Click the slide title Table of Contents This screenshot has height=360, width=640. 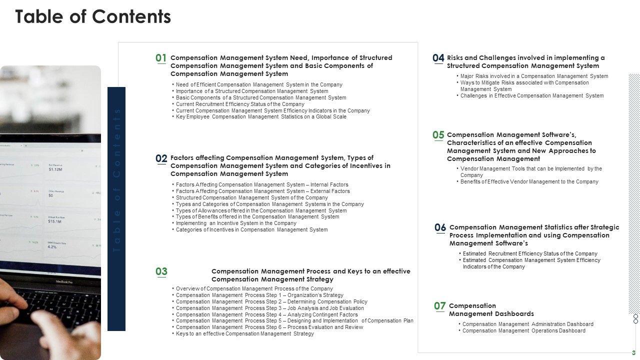pos(93,16)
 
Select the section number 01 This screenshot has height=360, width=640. pos(161,58)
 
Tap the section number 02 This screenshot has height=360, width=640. pos(161,158)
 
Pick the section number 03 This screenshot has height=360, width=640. pos(161,271)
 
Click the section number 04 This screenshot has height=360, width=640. pos(438,58)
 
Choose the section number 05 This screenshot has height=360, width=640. pos(438,135)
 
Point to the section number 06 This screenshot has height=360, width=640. pos(440,227)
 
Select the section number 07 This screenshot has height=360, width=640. pos(439,306)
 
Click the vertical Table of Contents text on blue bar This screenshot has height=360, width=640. pos(116,180)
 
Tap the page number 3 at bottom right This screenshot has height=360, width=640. pos(633,353)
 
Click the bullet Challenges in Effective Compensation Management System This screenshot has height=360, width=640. pos(532,95)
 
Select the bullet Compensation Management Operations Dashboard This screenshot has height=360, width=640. pos(523,330)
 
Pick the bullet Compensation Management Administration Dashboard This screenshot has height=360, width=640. pos(527,324)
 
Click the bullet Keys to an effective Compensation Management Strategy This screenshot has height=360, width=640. pos(245,333)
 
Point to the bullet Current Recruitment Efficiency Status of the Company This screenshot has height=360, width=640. pos(240,104)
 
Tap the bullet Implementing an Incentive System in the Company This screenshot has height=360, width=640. pos(236,223)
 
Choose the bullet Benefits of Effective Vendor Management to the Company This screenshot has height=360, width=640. pos(529,181)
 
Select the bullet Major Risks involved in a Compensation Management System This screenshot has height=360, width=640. pos(534,76)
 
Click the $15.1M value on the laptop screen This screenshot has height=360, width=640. pos(55,221)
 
